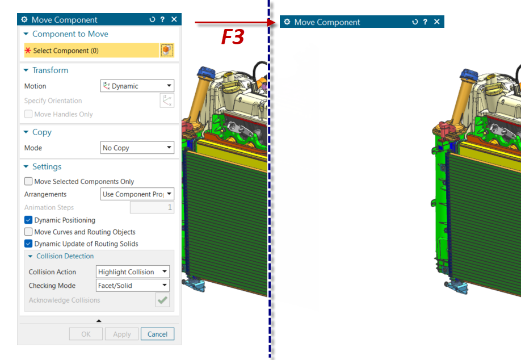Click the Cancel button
click(x=157, y=334)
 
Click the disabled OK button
click(x=86, y=334)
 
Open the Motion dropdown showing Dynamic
click(x=137, y=86)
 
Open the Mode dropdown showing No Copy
click(x=137, y=148)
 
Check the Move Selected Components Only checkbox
click(x=28, y=181)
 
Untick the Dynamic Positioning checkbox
click(x=28, y=220)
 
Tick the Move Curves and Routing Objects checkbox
click(x=28, y=232)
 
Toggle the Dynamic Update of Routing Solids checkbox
click(x=28, y=244)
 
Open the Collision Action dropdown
click(x=133, y=271)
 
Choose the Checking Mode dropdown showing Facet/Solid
click(x=133, y=285)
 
